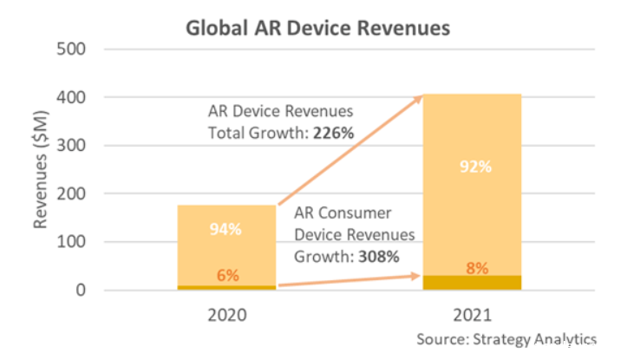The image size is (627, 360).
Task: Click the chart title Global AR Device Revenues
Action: [x=318, y=28]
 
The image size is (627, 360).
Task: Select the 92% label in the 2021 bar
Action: [x=474, y=167]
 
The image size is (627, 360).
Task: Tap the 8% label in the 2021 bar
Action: [x=474, y=267]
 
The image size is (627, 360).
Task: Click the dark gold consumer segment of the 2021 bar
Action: [x=472, y=283]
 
